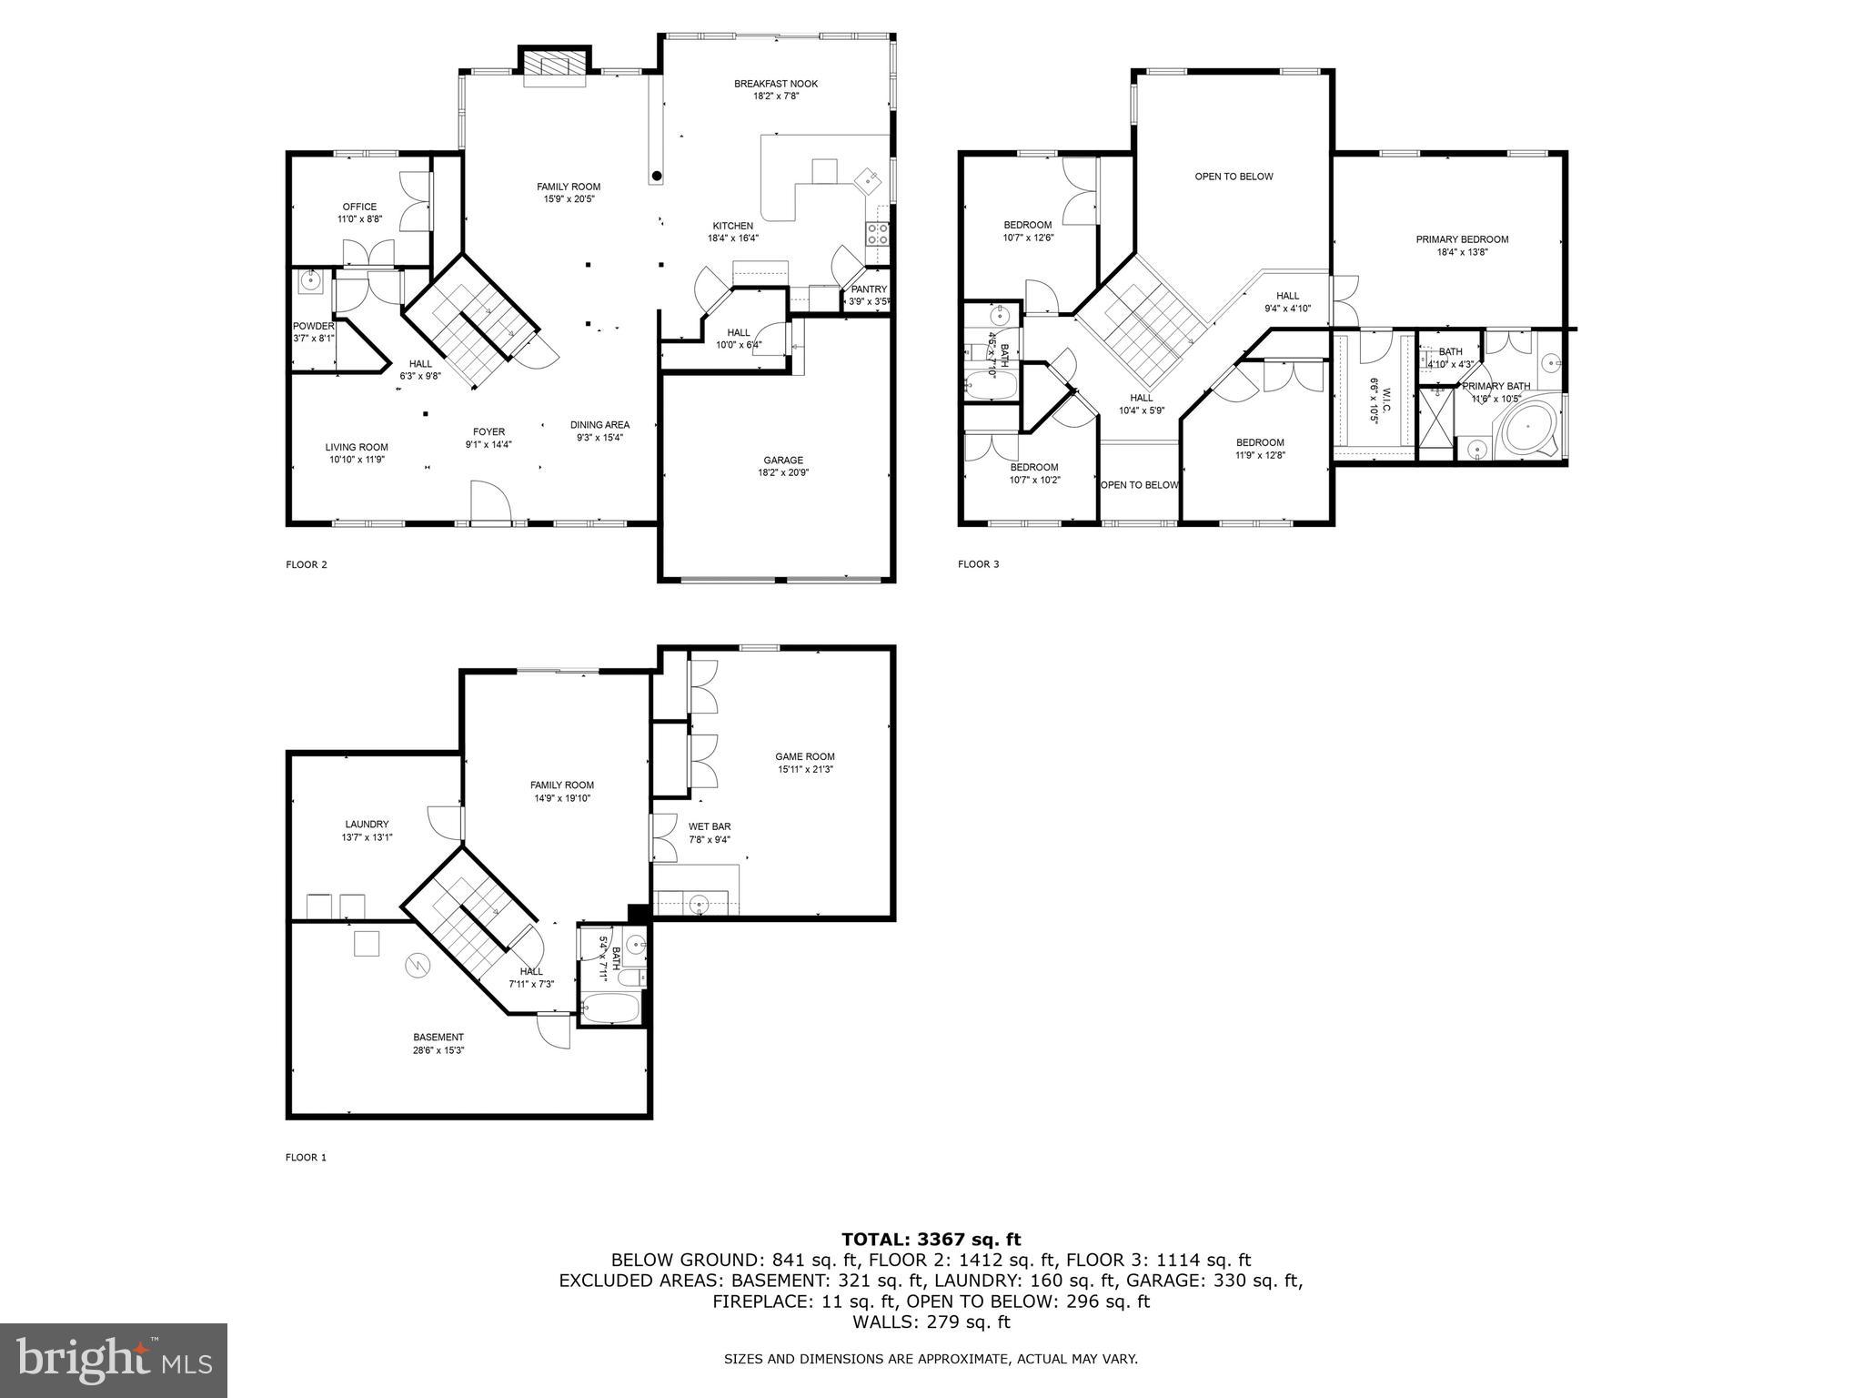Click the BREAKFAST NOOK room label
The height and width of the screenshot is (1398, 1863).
pos(776,84)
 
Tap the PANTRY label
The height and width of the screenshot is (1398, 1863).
pos(869,289)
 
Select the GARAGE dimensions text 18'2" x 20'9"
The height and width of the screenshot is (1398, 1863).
pos(783,472)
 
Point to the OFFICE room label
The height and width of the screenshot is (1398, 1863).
pos(359,207)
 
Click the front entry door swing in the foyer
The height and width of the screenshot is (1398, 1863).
pos(490,502)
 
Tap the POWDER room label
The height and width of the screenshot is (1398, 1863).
pos(313,326)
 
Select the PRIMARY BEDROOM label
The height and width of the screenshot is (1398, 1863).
pos(1462,239)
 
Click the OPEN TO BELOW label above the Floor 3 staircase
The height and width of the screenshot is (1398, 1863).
pos(1234,177)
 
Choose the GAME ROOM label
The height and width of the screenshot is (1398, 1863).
pos(804,756)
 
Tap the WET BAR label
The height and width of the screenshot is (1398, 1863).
pos(710,826)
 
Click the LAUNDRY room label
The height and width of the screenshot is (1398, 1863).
pos(367,824)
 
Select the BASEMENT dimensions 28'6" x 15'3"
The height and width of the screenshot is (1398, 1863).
pos(438,1050)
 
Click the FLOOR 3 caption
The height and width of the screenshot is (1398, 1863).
pos(978,564)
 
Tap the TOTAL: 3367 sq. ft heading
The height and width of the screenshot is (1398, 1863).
pos(931,1239)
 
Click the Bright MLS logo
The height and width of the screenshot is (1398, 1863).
pos(114,1360)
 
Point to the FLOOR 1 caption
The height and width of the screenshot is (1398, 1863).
pos(306,1158)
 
